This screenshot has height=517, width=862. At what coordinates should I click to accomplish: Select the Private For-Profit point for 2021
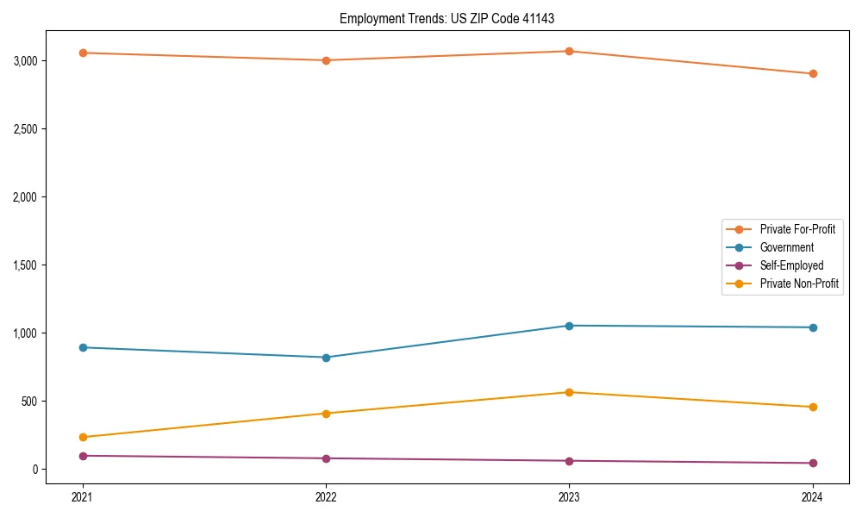83,53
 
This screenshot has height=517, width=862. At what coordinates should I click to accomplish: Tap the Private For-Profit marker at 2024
813,73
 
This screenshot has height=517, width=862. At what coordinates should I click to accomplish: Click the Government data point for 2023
569,326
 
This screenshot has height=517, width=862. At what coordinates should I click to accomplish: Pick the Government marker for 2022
326,358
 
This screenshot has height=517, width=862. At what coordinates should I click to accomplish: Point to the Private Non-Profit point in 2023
569,392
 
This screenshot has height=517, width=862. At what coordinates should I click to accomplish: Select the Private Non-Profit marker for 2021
83,437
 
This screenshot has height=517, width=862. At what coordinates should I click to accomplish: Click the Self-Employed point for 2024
813,464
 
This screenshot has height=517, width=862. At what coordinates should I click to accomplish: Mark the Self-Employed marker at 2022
326,458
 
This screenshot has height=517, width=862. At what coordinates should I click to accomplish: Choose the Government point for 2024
813,327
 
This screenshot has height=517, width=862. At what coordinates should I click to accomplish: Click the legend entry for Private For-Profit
796,229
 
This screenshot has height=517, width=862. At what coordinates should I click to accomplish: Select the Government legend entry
786,247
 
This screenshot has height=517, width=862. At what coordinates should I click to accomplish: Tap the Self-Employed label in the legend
791,265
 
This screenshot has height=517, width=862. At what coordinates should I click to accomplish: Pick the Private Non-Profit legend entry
799,283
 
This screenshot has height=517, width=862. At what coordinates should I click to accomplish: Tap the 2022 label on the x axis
326,496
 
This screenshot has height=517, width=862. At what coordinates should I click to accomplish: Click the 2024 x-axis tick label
813,496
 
